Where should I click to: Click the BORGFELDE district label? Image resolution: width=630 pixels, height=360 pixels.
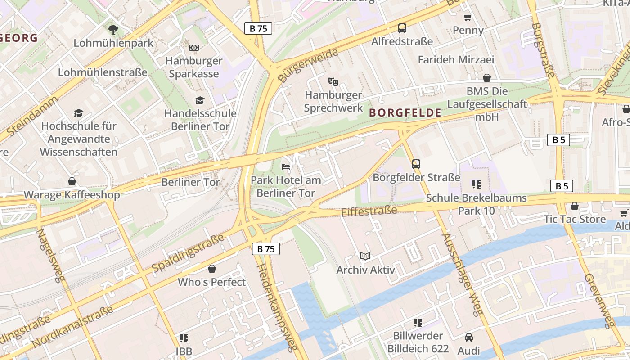click(405, 113)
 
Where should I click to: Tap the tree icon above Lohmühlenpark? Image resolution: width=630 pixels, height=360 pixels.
click(113, 30)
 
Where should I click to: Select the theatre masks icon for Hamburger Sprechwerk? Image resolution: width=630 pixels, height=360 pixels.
click(333, 81)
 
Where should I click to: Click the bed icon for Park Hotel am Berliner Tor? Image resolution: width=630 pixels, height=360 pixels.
click(286, 166)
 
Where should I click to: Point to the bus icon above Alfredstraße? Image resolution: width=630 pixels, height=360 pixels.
click(402, 28)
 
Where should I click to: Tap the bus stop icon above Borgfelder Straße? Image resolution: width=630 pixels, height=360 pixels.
click(416, 164)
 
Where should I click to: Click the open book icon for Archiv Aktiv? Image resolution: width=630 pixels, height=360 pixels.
click(365, 256)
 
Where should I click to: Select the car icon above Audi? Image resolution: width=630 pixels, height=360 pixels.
click(468, 337)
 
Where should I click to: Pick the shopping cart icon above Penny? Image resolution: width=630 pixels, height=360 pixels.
click(468, 17)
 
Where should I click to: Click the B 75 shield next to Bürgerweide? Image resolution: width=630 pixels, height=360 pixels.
click(258, 28)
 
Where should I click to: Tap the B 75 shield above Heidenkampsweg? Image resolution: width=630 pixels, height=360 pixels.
click(265, 249)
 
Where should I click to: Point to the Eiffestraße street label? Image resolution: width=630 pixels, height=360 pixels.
click(369, 211)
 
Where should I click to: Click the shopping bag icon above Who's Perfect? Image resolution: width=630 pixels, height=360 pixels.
click(212, 269)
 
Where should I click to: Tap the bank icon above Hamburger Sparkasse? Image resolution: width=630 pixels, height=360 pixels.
click(194, 47)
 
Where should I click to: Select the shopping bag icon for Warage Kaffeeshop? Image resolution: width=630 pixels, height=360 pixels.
click(72, 181)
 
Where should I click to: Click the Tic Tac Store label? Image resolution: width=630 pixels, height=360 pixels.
click(575, 219)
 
